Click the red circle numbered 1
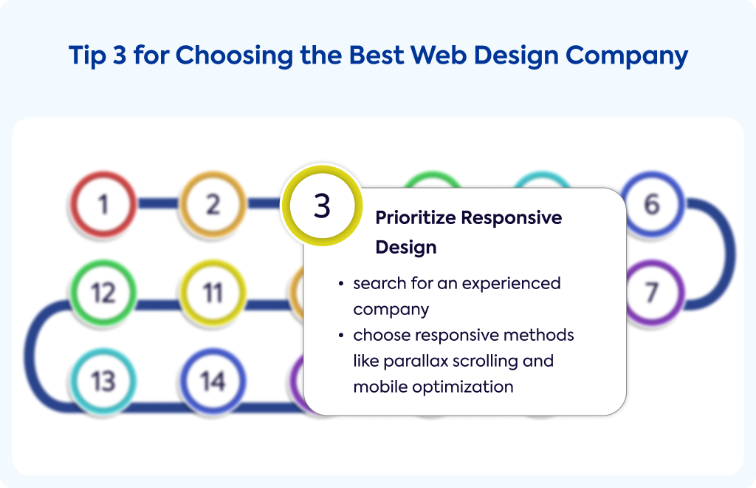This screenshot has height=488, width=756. pyautogui.click(x=103, y=203)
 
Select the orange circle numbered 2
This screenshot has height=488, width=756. pyautogui.click(x=213, y=203)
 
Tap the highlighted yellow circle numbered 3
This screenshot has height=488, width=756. pyautogui.click(x=322, y=206)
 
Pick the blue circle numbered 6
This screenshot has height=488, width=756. pyautogui.click(x=652, y=203)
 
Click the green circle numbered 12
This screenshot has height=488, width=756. pyautogui.click(x=103, y=293)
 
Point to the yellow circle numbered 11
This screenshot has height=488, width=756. pyautogui.click(x=213, y=293)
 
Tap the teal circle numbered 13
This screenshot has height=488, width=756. pyautogui.click(x=103, y=382)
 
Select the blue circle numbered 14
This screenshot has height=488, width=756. pyautogui.click(x=213, y=382)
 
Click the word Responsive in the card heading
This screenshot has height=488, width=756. pyautogui.click(x=512, y=218)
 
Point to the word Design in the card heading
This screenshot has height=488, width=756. pyautogui.click(x=406, y=248)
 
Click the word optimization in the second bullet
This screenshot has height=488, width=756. pyautogui.click(x=463, y=387)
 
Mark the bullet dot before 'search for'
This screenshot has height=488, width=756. pyautogui.click(x=341, y=283)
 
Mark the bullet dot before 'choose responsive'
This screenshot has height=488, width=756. pyautogui.click(x=341, y=335)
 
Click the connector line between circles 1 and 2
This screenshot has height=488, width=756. pyautogui.click(x=158, y=203)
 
